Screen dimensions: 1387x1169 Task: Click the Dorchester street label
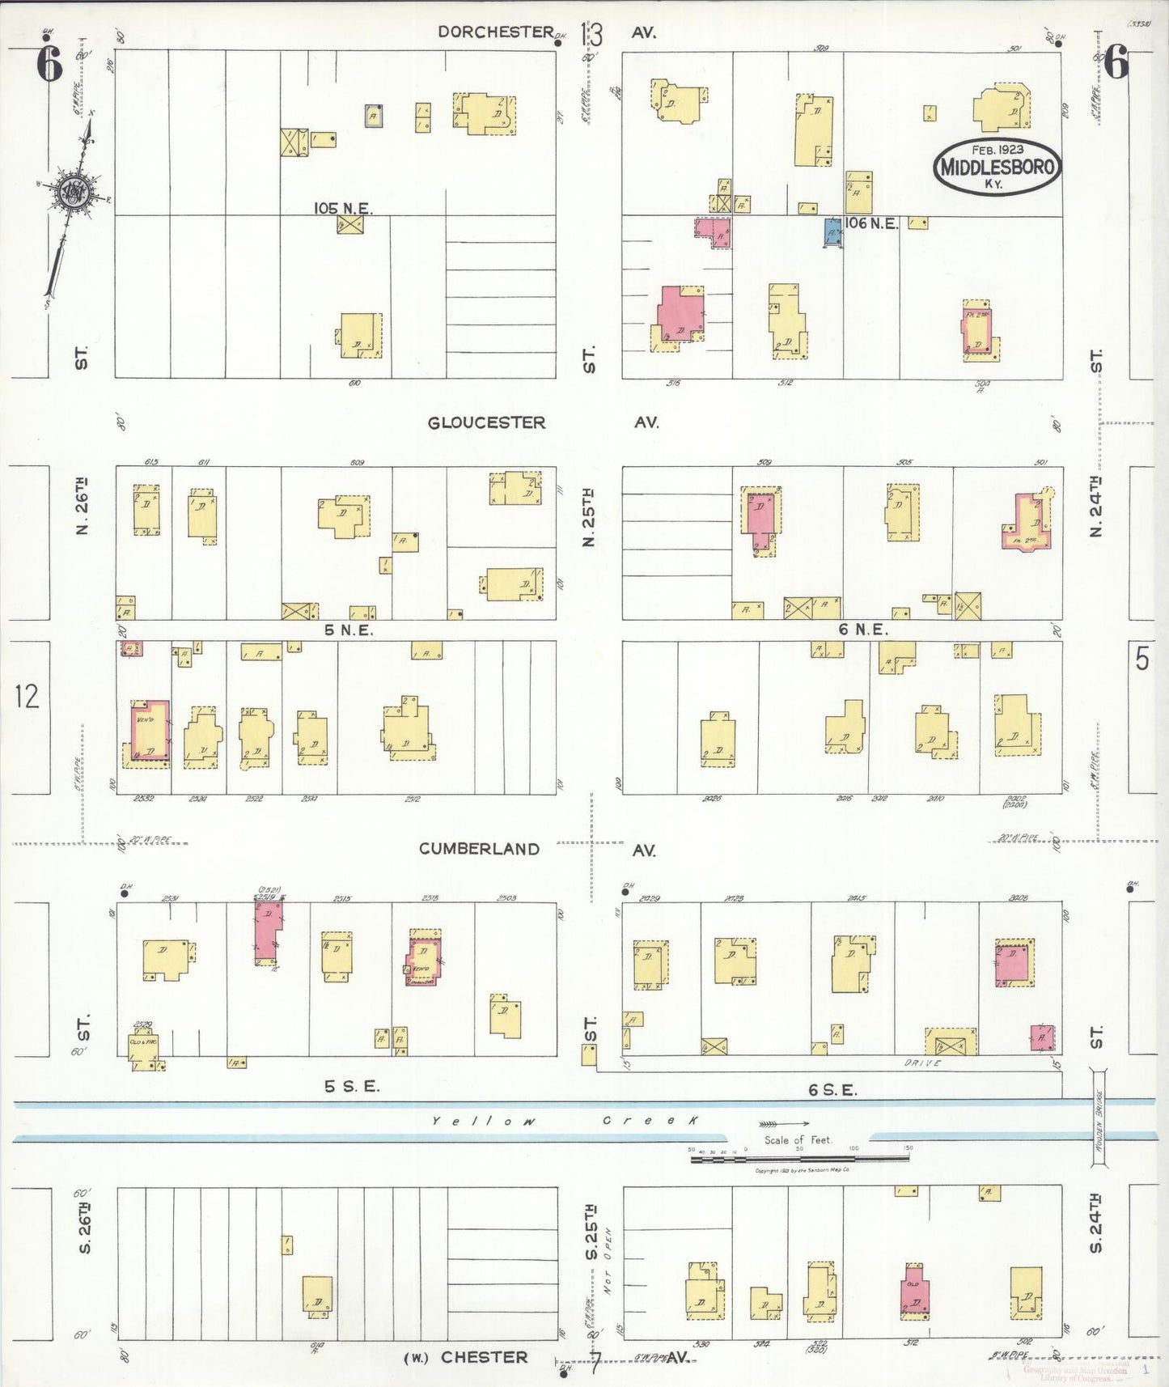pos(495,32)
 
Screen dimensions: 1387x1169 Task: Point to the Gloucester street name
pos(486,422)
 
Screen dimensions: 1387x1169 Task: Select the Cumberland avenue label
pos(479,849)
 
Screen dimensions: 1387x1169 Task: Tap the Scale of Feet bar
pos(799,1159)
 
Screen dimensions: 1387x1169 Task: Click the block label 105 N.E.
pos(342,208)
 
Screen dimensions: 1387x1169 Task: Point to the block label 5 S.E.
pos(351,1087)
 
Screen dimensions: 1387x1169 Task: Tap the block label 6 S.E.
pos(832,1090)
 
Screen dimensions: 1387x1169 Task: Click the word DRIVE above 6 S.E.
pos(922,1063)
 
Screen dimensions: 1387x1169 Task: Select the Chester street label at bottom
pos(484,1357)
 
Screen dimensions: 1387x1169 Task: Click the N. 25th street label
pos(590,516)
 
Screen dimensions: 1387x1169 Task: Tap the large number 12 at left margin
pos(27,696)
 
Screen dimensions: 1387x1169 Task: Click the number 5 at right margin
pos(1141,660)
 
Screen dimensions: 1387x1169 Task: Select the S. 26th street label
pos(85,1228)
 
